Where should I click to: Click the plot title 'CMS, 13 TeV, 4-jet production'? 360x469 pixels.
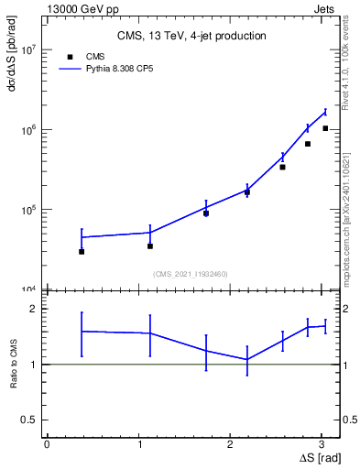point(191,37)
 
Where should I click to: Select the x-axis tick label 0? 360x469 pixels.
point(47,444)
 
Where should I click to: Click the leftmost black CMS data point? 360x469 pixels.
point(82,251)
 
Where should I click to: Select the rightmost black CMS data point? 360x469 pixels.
point(325,128)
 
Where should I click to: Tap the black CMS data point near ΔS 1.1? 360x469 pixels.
point(150,245)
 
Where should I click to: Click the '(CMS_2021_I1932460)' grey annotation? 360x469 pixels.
point(191,274)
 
